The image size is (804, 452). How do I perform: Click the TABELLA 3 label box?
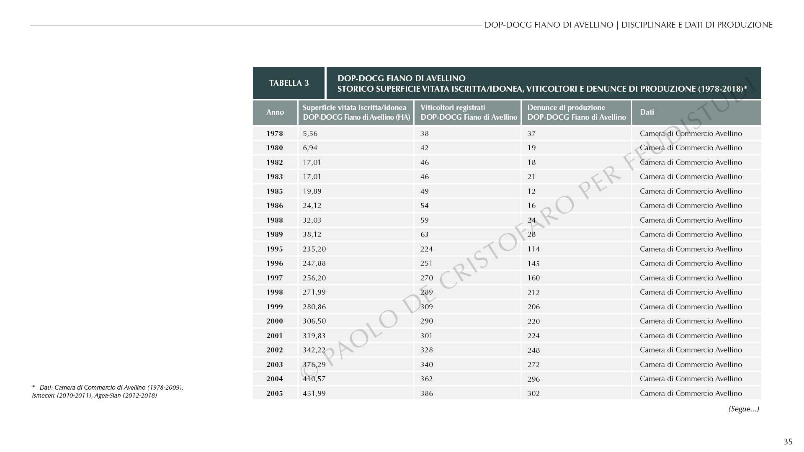[289, 83]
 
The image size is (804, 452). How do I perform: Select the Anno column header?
[275, 112]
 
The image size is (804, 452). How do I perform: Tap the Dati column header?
[647, 112]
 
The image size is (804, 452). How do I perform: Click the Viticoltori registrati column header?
[468, 112]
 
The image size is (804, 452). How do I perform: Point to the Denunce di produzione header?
[576, 112]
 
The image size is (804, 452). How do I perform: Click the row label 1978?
[275, 134]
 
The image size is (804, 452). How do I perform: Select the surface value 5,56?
[310, 134]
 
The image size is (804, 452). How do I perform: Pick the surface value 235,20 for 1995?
[314, 249]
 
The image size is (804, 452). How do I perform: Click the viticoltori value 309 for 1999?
[427, 307]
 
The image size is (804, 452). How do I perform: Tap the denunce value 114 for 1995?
[533, 249]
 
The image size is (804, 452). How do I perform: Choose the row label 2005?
[275, 393]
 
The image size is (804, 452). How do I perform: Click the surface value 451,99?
[314, 393]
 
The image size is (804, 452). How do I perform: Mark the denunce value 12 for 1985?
[531, 191]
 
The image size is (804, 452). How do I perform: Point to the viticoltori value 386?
[427, 393]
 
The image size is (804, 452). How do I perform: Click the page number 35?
[788, 442]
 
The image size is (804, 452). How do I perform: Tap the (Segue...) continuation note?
[744, 409]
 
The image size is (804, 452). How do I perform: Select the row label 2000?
[275, 321]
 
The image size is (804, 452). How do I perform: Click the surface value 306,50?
[314, 321]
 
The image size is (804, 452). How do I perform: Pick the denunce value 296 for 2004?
[533, 379]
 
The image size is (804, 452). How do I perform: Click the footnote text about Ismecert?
[94, 395]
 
